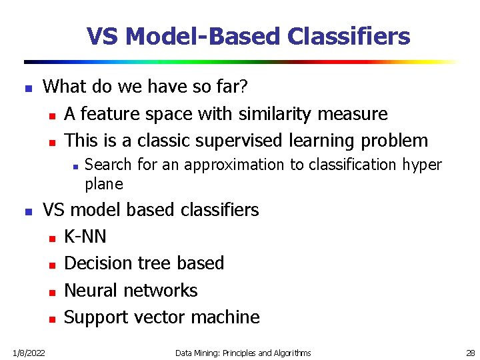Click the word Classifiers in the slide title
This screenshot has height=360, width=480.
coord(349,36)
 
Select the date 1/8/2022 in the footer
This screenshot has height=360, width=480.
coord(27,353)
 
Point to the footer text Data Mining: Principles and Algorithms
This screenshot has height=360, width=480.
coord(243,353)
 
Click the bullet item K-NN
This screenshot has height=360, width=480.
coord(85,237)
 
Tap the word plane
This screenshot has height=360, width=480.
coord(104,184)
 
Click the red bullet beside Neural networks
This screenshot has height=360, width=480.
coord(51,291)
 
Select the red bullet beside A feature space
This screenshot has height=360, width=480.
coord(51,115)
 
